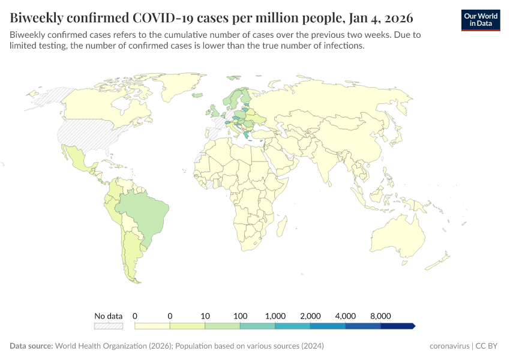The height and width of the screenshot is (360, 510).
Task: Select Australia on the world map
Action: tap(399, 237)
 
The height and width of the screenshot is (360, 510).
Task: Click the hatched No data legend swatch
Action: tap(108, 326)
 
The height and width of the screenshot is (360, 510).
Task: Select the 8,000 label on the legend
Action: tap(380, 316)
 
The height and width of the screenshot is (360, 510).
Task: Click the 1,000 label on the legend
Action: tap(275, 316)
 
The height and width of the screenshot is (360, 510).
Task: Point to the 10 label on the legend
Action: tap(205, 316)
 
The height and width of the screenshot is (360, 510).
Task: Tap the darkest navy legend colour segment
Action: tap(397, 326)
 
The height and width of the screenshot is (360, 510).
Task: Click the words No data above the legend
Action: tap(108, 316)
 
